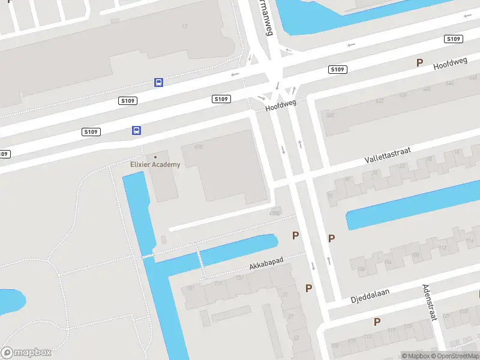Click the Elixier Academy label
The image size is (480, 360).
click(x=155, y=164)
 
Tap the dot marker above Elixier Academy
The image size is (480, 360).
click(x=155, y=157)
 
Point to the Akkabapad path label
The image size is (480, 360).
click(x=266, y=265)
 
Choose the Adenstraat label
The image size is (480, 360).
click(x=428, y=302)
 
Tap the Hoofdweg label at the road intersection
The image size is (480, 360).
click(x=281, y=106)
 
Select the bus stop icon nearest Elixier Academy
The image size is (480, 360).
click(x=137, y=130)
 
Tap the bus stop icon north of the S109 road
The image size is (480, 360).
click(x=158, y=82)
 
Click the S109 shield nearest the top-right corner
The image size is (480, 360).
click(x=453, y=39)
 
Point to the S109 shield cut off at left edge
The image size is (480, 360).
click(x=4, y=154)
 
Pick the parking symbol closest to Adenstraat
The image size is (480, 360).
click(x=377, y=322)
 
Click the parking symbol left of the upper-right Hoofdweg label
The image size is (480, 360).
click(x=419, y=62)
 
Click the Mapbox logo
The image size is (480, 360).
click(x=26, y=352)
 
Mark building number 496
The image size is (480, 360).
click(x=199, y=147)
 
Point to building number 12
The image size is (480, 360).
click(x=184, y=26)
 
